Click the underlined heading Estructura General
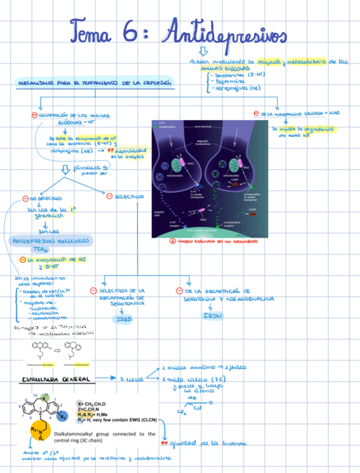tap(56, 379)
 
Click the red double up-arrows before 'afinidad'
tap(164, 443)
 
